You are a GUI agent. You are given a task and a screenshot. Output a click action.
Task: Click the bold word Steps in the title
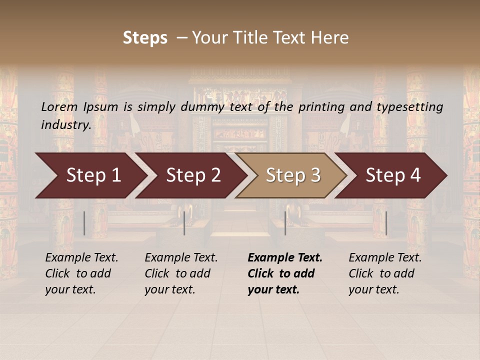point(145,38)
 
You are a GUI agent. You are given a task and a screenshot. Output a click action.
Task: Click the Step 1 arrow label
point(93,175)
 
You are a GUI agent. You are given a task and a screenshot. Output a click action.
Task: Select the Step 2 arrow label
point(193,175)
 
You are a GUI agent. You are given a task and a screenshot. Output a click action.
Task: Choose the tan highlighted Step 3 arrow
point(293,175)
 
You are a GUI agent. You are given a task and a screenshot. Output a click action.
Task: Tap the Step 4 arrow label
point(393,175)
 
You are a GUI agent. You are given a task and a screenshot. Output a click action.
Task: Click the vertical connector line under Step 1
point(84,223)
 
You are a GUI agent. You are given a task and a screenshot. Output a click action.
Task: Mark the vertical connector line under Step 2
point(184,223)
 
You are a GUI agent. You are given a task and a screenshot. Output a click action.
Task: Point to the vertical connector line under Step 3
point(285,223)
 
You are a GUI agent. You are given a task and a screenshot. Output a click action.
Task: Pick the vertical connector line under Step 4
point(386,223)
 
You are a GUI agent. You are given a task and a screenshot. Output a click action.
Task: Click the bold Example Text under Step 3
point(285,258)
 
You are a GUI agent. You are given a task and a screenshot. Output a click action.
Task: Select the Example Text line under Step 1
point(81,258)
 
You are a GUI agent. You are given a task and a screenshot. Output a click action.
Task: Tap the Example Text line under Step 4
point(385,258)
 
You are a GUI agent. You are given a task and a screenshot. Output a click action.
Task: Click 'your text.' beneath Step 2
point(169,289)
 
